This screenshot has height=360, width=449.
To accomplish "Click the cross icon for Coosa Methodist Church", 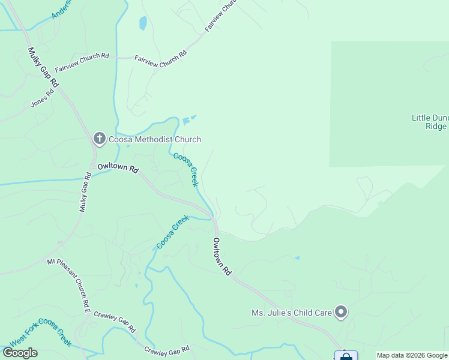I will [100, 139].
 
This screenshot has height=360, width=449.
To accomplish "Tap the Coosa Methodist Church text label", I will [154, 140].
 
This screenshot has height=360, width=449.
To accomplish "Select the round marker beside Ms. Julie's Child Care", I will [341, 312].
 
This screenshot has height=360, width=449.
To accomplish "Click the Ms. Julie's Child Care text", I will [291, 313].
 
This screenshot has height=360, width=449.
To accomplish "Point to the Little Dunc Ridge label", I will [430, 122].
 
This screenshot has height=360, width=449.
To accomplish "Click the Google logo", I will [20, 353].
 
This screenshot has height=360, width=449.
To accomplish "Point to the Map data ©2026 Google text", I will [412, 355].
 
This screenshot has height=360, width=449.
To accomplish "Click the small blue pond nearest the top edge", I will [143, 23].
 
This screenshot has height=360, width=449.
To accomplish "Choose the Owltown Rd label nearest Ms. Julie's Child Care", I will [221, 257].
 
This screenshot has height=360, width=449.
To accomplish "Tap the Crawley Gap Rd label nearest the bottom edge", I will [167, 349].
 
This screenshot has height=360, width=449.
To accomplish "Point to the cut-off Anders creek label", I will [61, 8].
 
